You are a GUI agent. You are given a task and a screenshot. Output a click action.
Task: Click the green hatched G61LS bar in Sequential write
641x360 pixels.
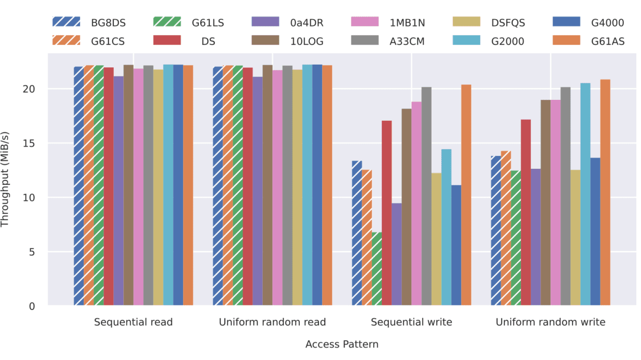(x=377, y=269)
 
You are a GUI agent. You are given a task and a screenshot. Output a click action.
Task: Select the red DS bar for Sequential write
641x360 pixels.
(x=387, y=213)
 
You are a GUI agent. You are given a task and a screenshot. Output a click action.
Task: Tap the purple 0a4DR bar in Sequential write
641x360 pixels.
(x=396, y=254)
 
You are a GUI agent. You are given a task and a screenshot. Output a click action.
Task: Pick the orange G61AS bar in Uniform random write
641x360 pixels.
(x=605, y=192)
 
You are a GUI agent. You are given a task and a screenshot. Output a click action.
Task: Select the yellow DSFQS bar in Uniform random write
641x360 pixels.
(x=575, y=238)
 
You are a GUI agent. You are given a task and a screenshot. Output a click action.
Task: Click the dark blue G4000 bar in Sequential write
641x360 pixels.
(x=456, y=246)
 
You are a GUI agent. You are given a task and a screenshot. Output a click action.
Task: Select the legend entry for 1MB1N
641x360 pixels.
(x=396, y=22)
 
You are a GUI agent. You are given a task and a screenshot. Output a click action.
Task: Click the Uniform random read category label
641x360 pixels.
(x=272, y=322)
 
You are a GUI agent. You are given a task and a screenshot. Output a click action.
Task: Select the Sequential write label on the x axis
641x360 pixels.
(x=411, y=322)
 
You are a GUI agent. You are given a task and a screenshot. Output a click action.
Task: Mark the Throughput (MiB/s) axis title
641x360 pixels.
(x=6, y=179)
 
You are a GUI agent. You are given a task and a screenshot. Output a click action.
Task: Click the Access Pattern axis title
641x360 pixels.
(x=342, y=345)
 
